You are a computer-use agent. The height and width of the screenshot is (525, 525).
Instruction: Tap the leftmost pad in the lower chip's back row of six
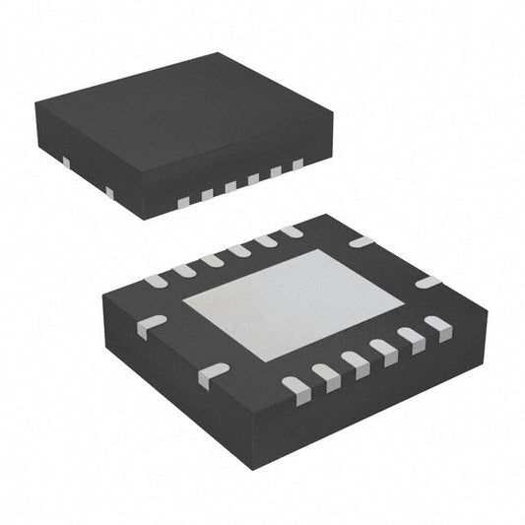157,281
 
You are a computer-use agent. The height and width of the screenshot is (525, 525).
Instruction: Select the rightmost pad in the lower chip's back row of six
292,232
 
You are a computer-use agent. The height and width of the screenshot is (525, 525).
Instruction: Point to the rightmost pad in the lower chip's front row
435,324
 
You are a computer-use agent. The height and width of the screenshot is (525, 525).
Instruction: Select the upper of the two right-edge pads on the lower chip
361,241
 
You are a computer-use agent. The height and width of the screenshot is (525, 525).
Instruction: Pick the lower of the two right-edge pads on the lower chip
427,282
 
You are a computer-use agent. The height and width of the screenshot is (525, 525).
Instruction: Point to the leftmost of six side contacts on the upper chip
182,202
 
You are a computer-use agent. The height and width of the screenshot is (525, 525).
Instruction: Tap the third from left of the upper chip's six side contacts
230,186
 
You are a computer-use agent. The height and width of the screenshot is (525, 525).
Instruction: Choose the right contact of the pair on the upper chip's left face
108,190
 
